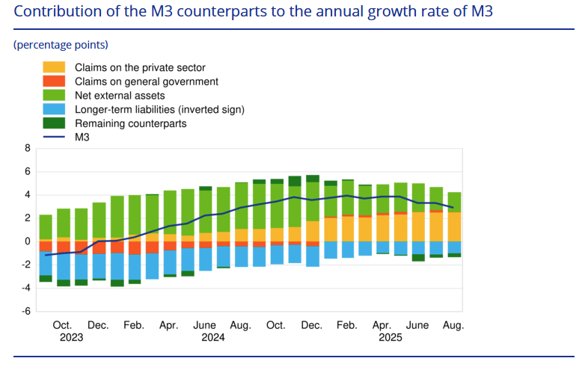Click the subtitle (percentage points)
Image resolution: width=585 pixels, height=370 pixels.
[x=61, y=45]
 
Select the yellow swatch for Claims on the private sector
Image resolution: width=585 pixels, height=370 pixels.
[x=54, y=68]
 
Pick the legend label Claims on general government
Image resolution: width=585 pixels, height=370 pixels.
[x=147, y=81]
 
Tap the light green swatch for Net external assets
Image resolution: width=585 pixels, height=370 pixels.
[x=54, y=96]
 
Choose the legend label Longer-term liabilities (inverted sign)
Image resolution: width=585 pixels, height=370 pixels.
[x=160, y=109]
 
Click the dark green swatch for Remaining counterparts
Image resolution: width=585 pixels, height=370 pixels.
[x=54, y=123]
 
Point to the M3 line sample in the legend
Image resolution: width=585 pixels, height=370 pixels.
[x=54, y=137]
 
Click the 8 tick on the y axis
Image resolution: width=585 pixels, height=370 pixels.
[x=27, y=148]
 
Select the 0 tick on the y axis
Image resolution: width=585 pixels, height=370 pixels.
[x=27, y=241]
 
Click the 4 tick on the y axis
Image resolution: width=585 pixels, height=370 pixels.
[x=27, y=195]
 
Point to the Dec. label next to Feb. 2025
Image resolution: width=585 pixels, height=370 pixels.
[x=312, y=325]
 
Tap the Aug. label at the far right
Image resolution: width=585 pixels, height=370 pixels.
[x=453, y=325]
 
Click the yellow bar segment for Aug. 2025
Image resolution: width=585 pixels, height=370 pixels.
[x=453, y=227]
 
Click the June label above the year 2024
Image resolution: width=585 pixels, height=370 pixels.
[x=205, y=325]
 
